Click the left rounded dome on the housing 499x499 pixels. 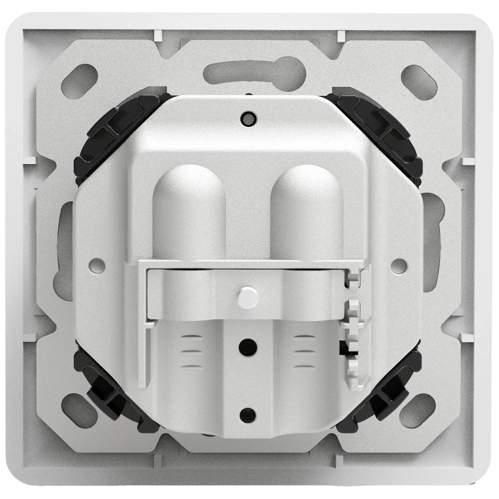[189, 210]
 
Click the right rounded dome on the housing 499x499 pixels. [306, 210]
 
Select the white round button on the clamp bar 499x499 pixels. [248, 297]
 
